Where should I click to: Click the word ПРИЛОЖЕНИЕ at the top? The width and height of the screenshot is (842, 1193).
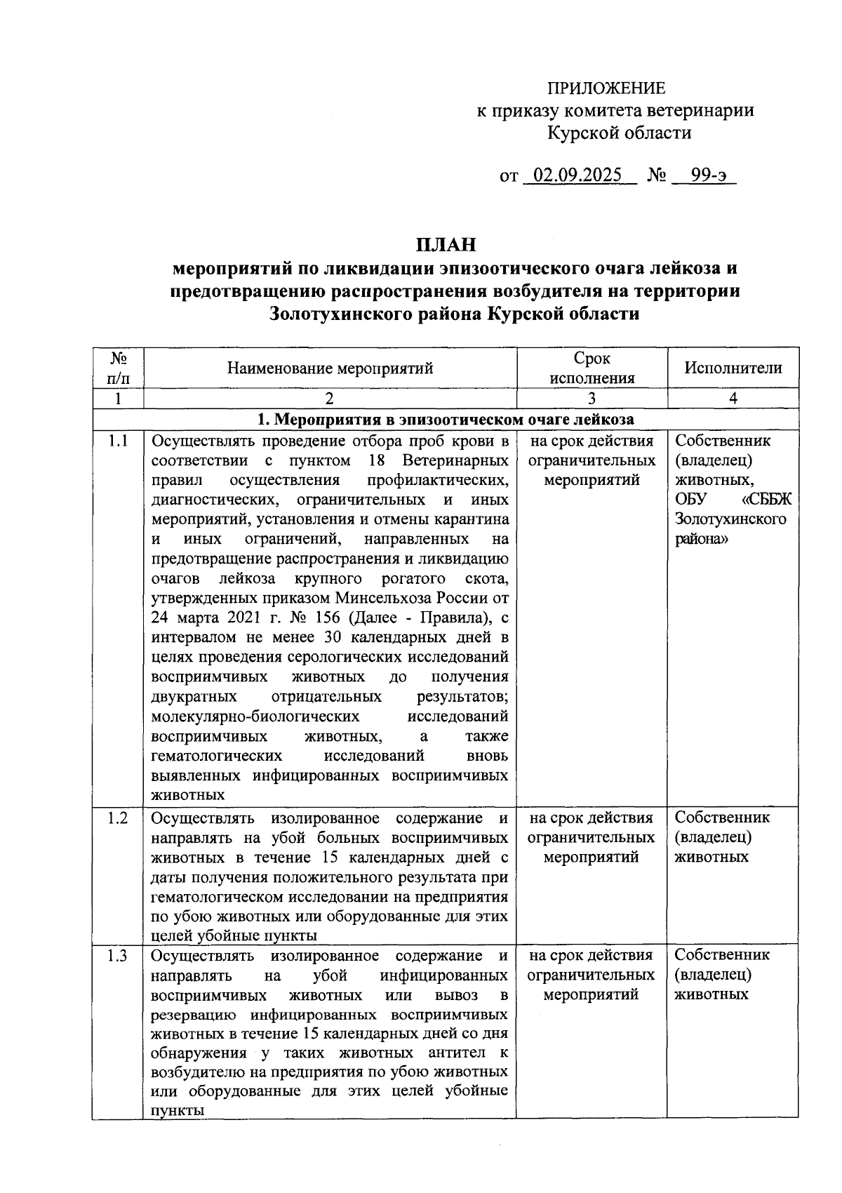click(x=606, y=88)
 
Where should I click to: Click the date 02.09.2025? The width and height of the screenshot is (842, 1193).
click(x=577, y=175)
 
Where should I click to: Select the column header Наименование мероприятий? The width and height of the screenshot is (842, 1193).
click(x=330, y=368)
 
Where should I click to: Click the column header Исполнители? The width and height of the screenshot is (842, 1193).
click(x=733, y=368)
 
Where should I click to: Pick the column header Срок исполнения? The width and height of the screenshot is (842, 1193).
click(x=592, y=368)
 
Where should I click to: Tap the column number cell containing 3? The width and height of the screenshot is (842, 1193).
click(x=592, y=399)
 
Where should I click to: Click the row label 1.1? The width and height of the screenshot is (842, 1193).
click(x=117, y=441)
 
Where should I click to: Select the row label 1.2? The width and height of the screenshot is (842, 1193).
click(x=117, y=818)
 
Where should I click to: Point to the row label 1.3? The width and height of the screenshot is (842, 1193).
click(x=117, y=956)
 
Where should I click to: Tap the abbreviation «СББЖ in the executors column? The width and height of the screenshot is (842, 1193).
click(x=766, y=500)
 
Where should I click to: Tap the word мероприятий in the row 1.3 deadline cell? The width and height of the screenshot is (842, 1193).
click(x=592, y=994)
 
